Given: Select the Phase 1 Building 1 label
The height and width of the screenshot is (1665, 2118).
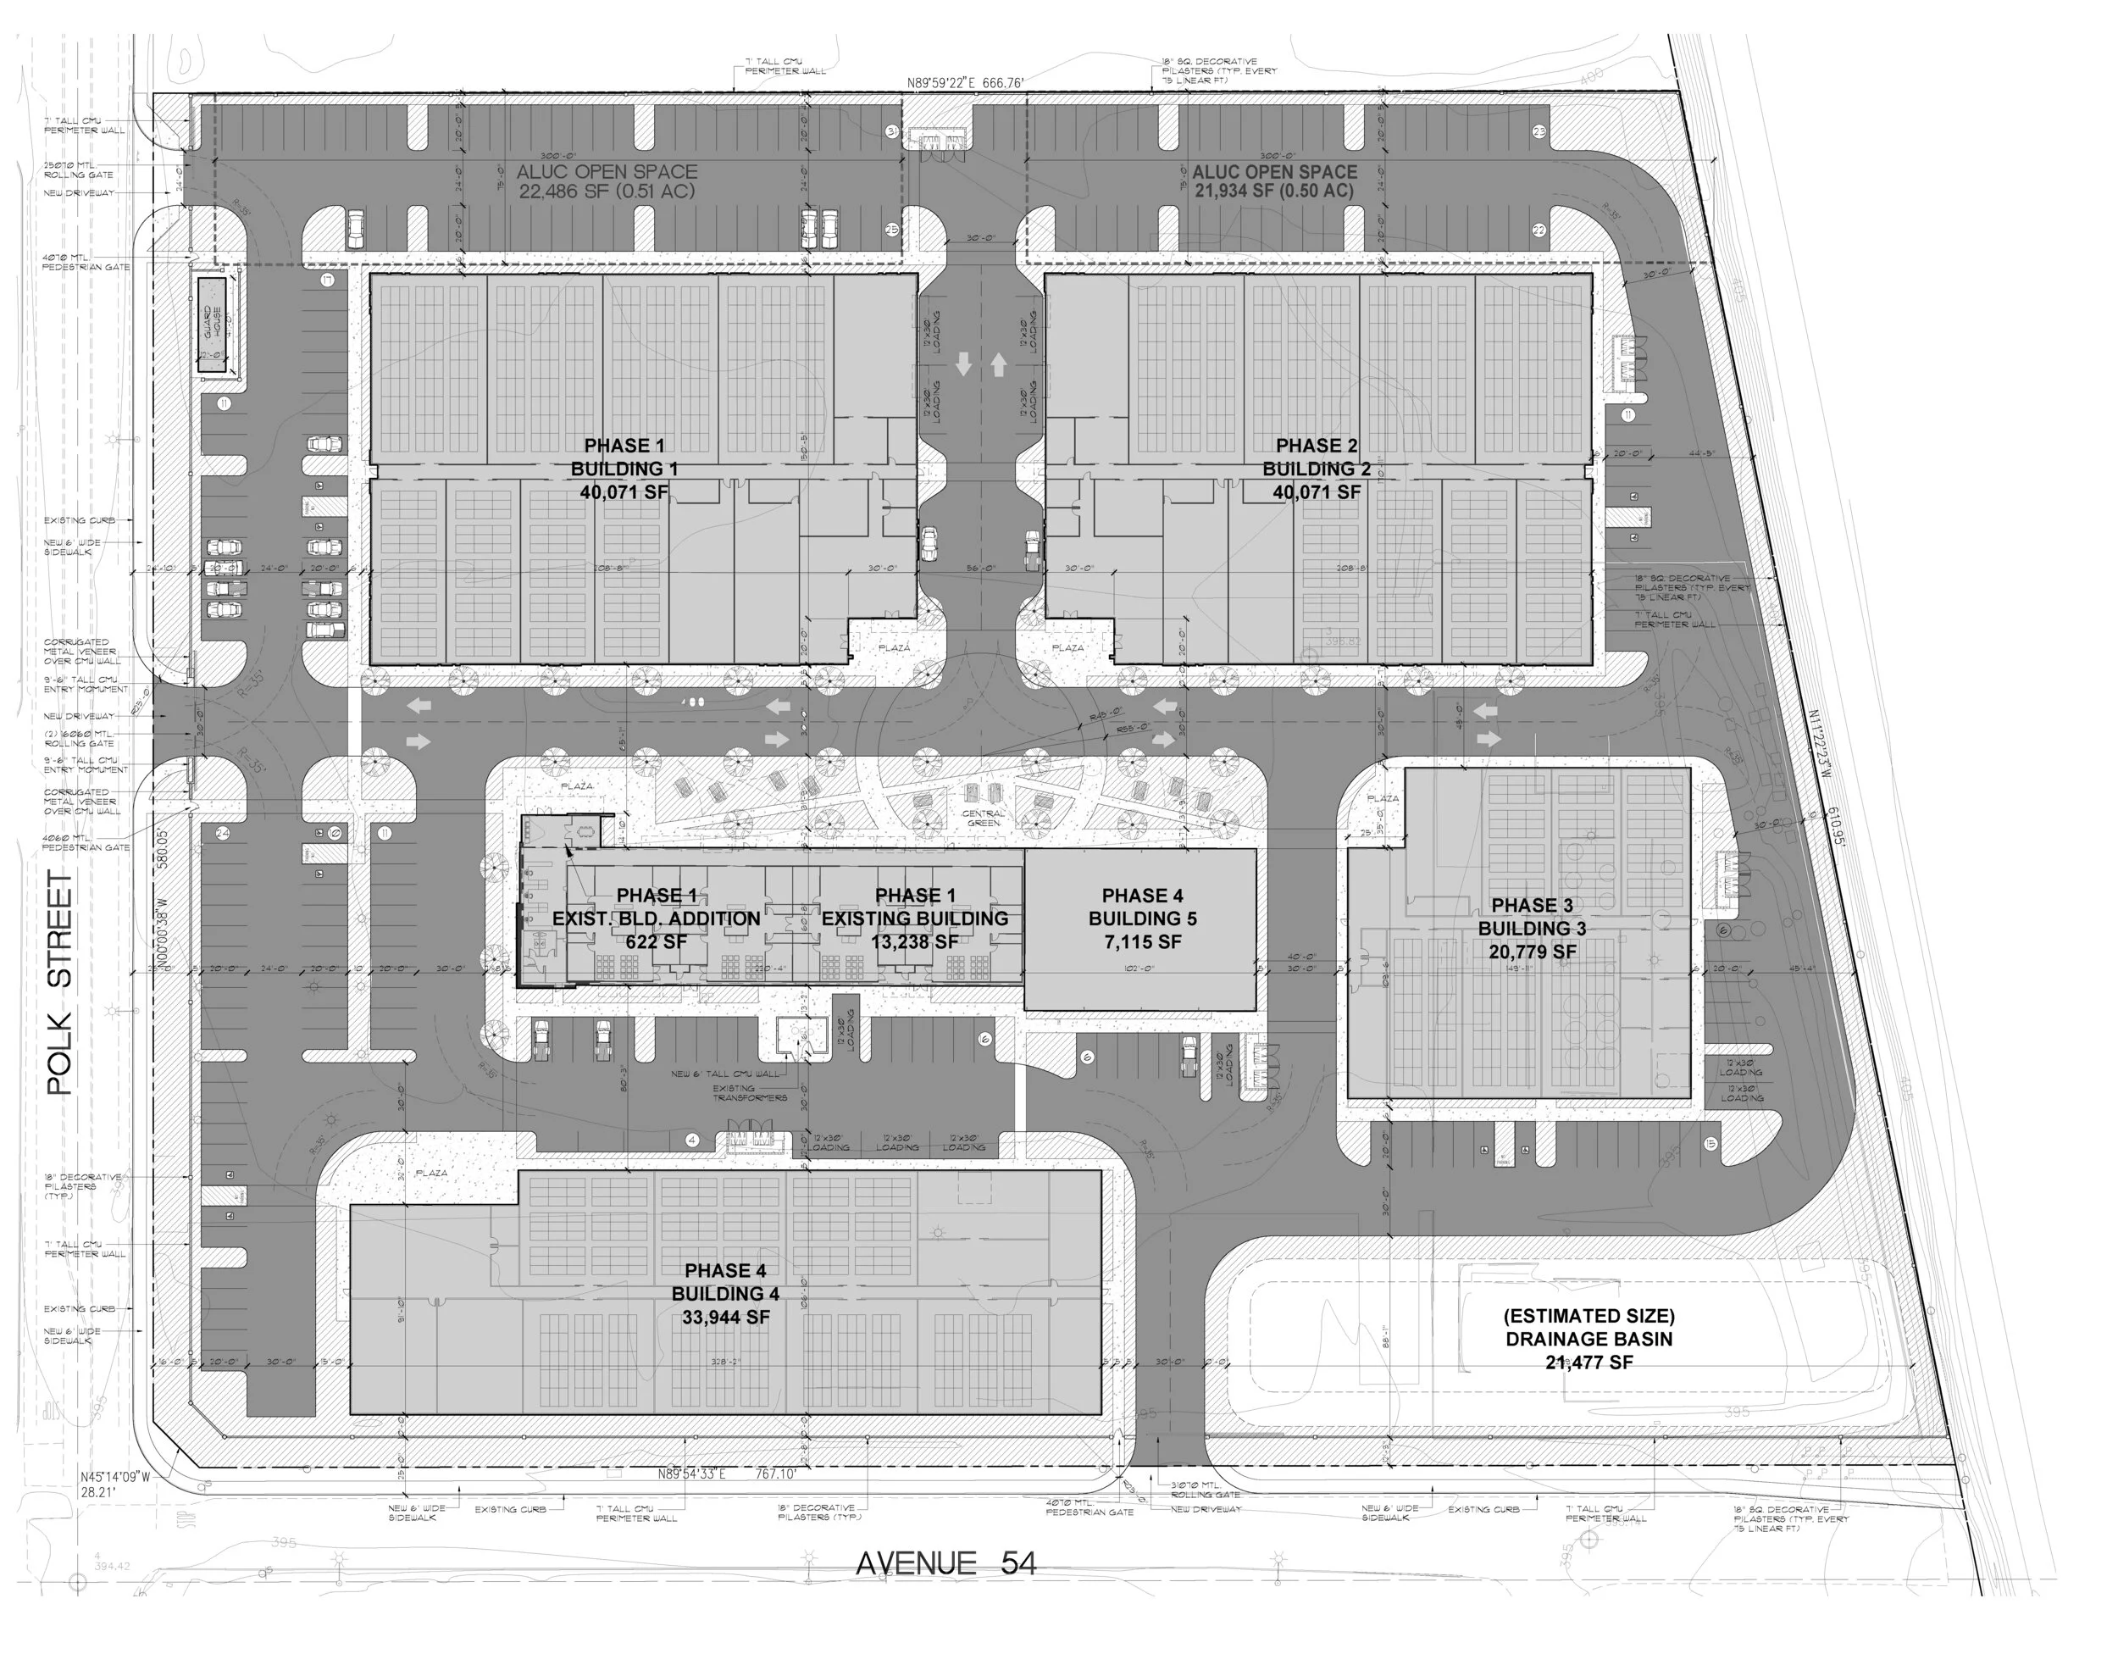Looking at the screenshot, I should (x=624, y=469).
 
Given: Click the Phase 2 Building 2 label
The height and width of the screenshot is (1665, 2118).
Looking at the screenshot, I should (x=1316, y=469).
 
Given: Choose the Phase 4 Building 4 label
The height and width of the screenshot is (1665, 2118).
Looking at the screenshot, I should (x=725, y=1294).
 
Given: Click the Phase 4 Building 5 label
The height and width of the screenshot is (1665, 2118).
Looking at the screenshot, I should (x=1142, y=919).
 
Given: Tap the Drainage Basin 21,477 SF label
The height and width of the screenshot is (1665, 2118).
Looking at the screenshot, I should (x=1588, y=1339).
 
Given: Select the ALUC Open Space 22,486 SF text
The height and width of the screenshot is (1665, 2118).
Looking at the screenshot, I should (x=607, y=181).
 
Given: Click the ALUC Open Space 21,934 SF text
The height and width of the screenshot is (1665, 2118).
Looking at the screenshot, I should (x=1274, y=181).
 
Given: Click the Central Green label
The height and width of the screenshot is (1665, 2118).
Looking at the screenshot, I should (x=983, y=818).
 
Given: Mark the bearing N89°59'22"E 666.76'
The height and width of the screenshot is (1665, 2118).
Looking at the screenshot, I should (x=965, y=84).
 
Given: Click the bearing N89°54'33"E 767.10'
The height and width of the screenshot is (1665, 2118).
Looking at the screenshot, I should (x=727, y=1474).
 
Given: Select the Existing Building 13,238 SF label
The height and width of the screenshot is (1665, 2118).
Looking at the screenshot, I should (x=914, y=919).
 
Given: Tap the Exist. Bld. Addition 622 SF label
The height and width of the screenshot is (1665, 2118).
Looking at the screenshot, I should (x=656, y=919).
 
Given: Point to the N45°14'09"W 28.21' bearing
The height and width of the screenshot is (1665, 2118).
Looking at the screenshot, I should (x=115, y=1484).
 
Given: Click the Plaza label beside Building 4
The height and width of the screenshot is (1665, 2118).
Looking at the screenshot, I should (x=431, y=1173).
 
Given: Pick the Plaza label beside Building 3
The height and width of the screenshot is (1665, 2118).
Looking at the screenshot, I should (x=1382, y=798).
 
